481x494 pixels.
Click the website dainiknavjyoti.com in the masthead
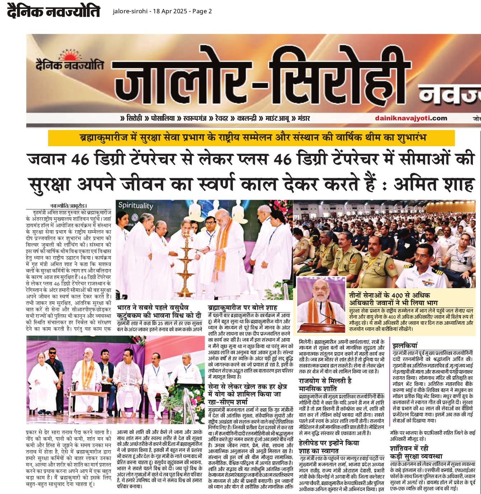click(411, 118)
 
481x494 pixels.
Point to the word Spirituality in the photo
click(136, 206)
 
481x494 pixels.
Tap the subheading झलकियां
click(405, 346)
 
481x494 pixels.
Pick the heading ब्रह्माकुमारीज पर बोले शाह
click(243, 308)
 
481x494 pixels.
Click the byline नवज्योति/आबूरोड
click(69, 206)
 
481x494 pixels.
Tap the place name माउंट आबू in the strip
click(278, 118)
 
